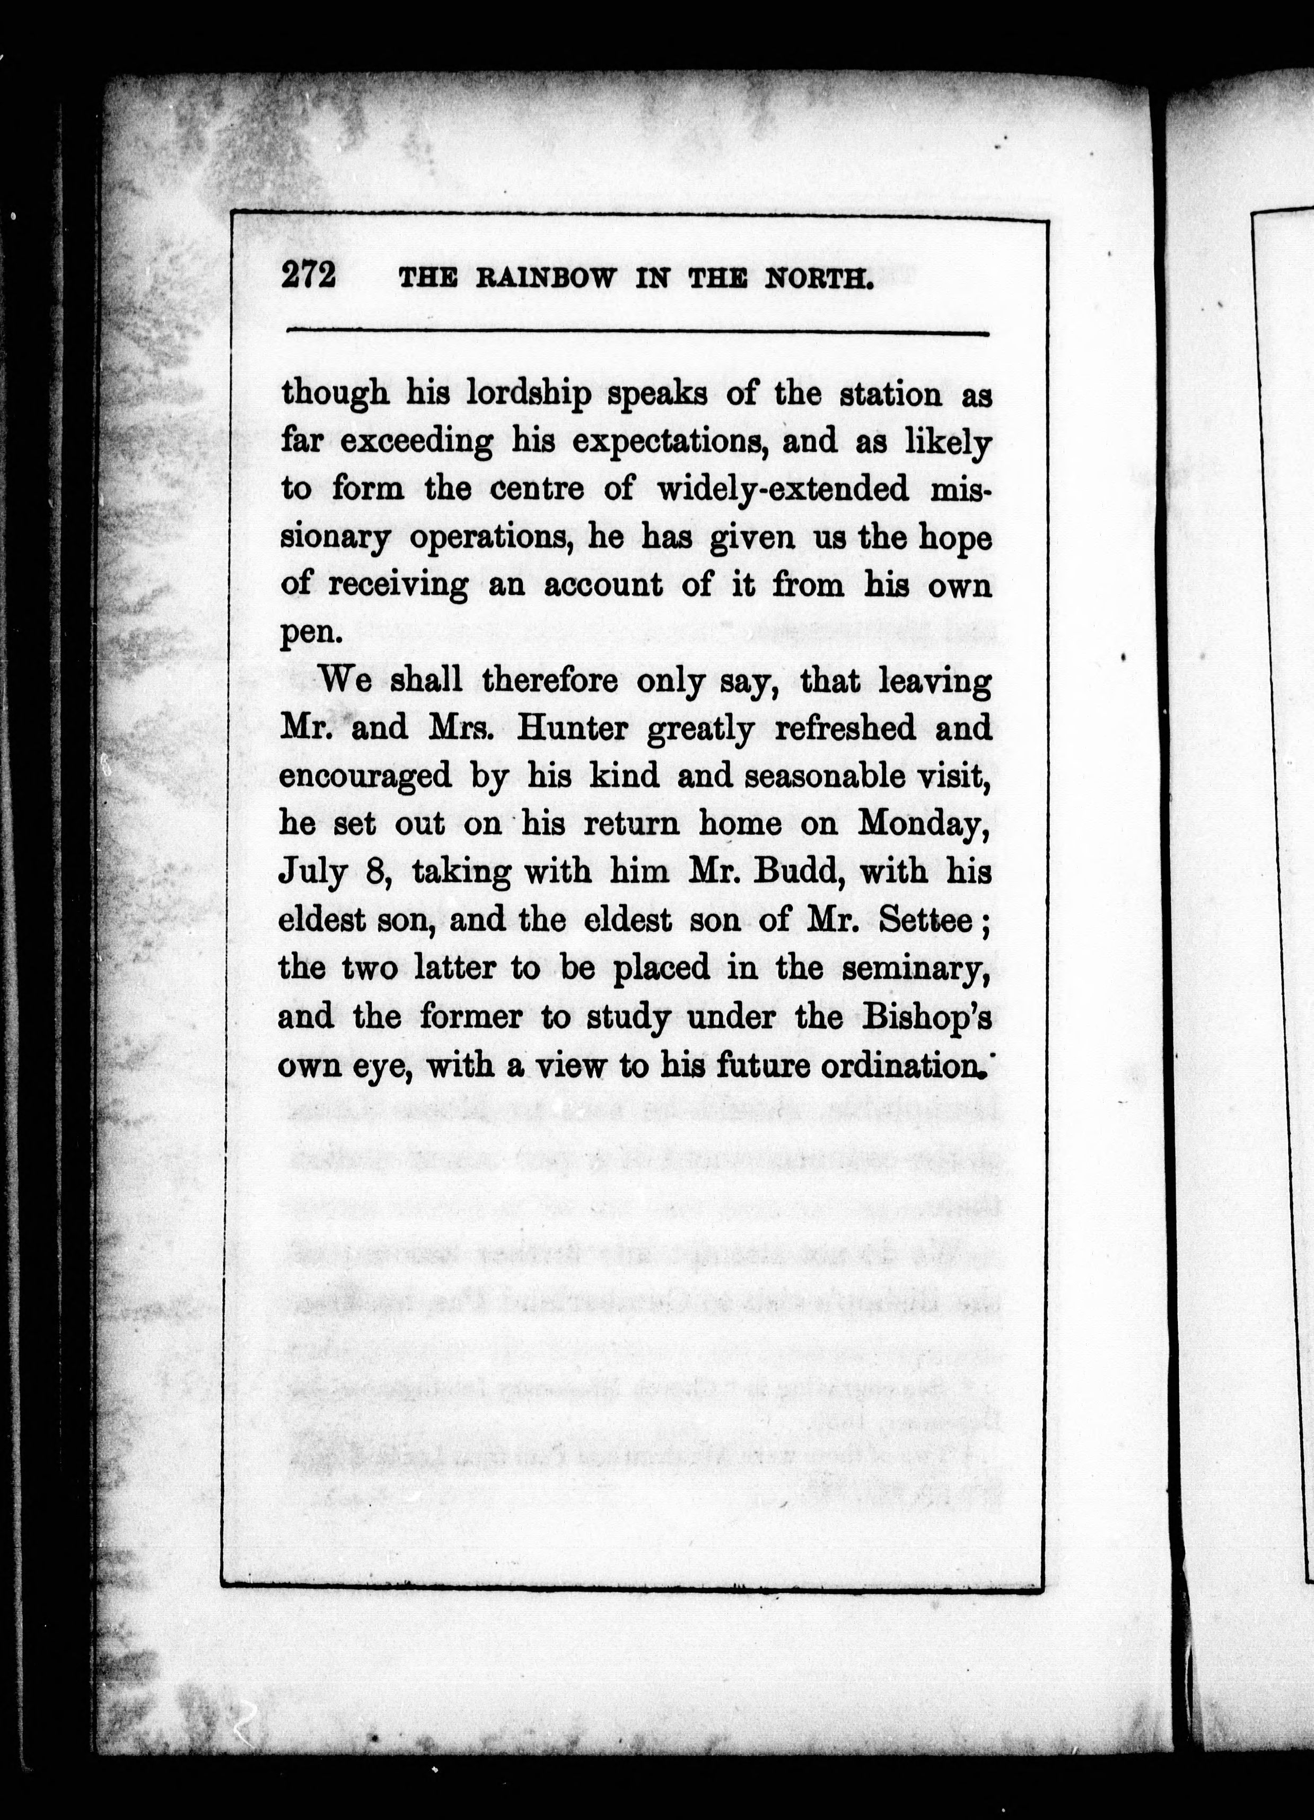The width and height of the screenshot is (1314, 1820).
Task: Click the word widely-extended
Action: coord(783,489)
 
